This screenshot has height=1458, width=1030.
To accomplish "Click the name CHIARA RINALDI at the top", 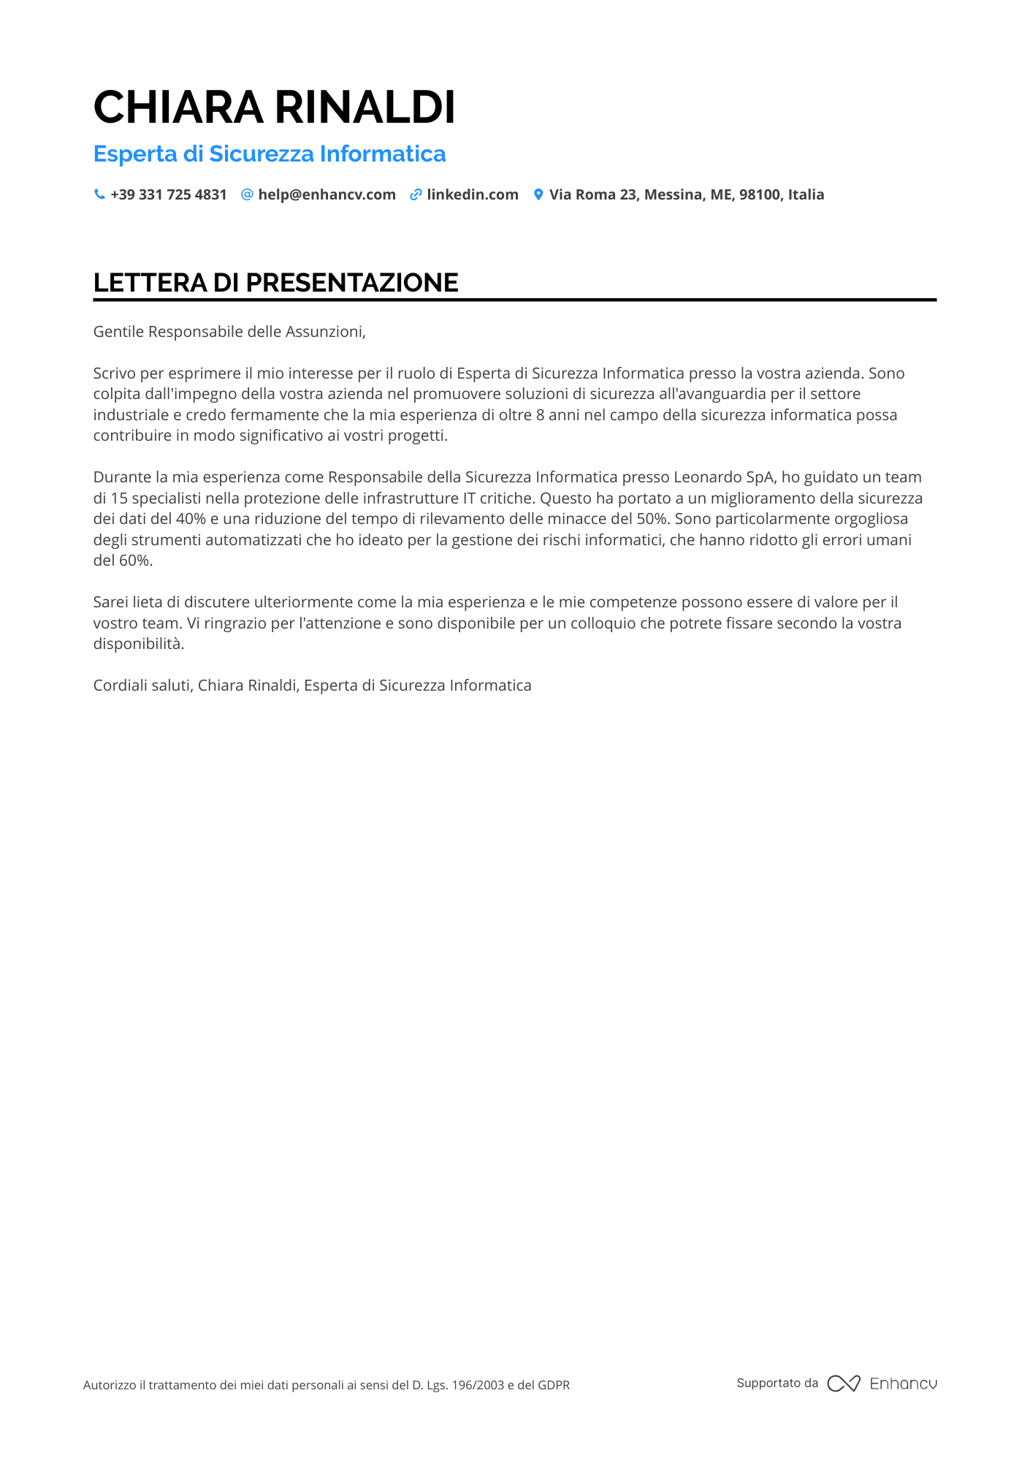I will (274, 107).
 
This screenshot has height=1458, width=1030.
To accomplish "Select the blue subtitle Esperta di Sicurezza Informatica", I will (270, 154).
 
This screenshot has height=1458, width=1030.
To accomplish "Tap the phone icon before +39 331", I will (99, 194).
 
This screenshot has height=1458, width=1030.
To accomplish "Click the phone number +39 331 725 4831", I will (169, 194).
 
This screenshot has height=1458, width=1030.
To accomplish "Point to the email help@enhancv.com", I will (327, 194).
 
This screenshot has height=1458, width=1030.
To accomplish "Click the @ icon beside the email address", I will (247, 194).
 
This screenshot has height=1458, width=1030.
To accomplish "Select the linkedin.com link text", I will (473, 194).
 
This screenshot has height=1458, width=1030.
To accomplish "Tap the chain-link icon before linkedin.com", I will (416, 194).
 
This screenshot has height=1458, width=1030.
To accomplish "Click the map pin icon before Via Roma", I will (538, 194).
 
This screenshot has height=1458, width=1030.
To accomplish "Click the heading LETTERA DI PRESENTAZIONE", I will (275, 283).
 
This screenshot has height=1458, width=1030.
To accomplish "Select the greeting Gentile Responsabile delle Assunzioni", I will (229, 332).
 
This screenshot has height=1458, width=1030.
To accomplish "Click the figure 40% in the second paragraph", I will (191, 519).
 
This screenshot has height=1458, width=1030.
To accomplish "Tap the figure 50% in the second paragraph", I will (652, 519).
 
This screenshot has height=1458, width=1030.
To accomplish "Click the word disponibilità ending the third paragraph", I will (138, 644).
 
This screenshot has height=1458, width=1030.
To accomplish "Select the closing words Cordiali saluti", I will (144, 686).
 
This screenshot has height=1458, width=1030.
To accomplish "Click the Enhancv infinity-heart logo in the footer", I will (844, 1383).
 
